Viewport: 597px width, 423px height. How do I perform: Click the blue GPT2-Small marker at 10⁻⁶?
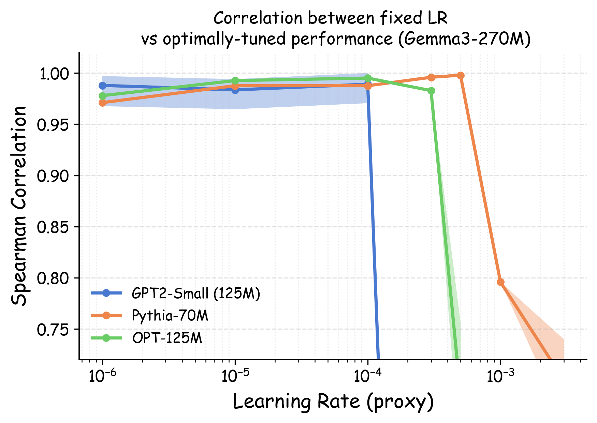pyautogui.click(x=102, y=86)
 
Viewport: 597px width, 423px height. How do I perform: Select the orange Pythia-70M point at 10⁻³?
pyautogui.click(x=500, y=282)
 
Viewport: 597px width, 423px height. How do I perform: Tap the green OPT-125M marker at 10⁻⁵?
pyautogui.click(x=235, y=81)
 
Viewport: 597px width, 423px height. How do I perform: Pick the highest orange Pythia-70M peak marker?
pyautogui.click(x=461, y=75)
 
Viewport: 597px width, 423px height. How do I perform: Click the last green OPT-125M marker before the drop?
pyautogui.click(x=431, y=91)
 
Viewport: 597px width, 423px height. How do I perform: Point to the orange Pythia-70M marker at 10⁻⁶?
pyautogui.click(x=102, y=103)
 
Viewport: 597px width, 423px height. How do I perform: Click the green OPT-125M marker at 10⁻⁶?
pyautogui.click(x=102, y=96)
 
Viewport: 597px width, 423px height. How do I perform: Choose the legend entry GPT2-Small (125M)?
pyautogui.click(x=196, y=293)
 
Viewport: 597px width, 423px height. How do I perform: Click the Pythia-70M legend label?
pyautogui.click(x=170, y=316)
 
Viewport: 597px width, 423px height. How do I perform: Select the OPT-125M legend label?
pyautogui.click(x=167, y=338)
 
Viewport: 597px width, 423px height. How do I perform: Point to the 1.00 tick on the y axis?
pyautogui.click(x=55, y=74)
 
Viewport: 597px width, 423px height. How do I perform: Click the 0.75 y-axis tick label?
pyautogui.click(x=55, y=330)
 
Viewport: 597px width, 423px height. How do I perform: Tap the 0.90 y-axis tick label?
pyautogui.click(x=55, y=176)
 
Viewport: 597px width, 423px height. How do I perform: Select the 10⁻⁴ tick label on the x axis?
pyautogui.click(x=367, y=376)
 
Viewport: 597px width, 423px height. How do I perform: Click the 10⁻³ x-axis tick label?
pyautogui.click(x=500, y=376)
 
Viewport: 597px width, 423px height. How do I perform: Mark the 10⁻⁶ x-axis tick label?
pyautogui.click(x=102, y=376)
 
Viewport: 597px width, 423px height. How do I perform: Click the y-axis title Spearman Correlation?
pyautogui.click(x=19, y=206)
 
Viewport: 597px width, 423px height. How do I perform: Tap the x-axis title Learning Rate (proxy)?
pyautogui.click(x=333, y=402)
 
